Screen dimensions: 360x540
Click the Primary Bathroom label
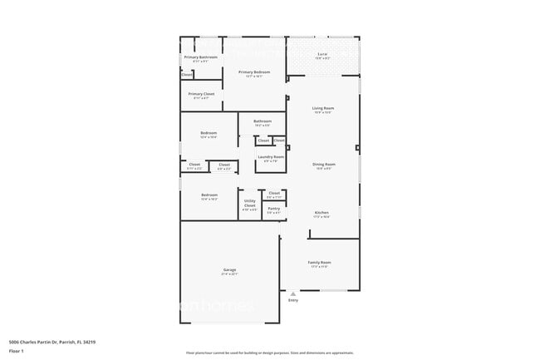click(x=200, y=57)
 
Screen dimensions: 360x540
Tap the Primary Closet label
click(x=200, y=94)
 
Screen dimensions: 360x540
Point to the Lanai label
click(x=322, y=55)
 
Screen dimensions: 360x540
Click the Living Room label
click(x=322, y=109)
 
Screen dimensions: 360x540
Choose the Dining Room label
click(x=323, y=165)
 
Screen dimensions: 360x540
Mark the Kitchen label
click(x=322, y=213)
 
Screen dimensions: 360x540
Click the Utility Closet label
click(x=249, y=203)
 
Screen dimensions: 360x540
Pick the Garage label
click(x=229, y=270)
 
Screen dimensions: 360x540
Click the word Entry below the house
click(x=292, y=300)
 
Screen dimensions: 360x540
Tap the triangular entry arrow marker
click(x=292, y=293)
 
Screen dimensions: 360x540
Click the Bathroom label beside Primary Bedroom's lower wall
click(x=263, y=121)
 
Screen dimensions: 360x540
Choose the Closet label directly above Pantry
click(x=274, y=193)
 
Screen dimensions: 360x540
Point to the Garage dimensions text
click(x=229, y=274)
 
